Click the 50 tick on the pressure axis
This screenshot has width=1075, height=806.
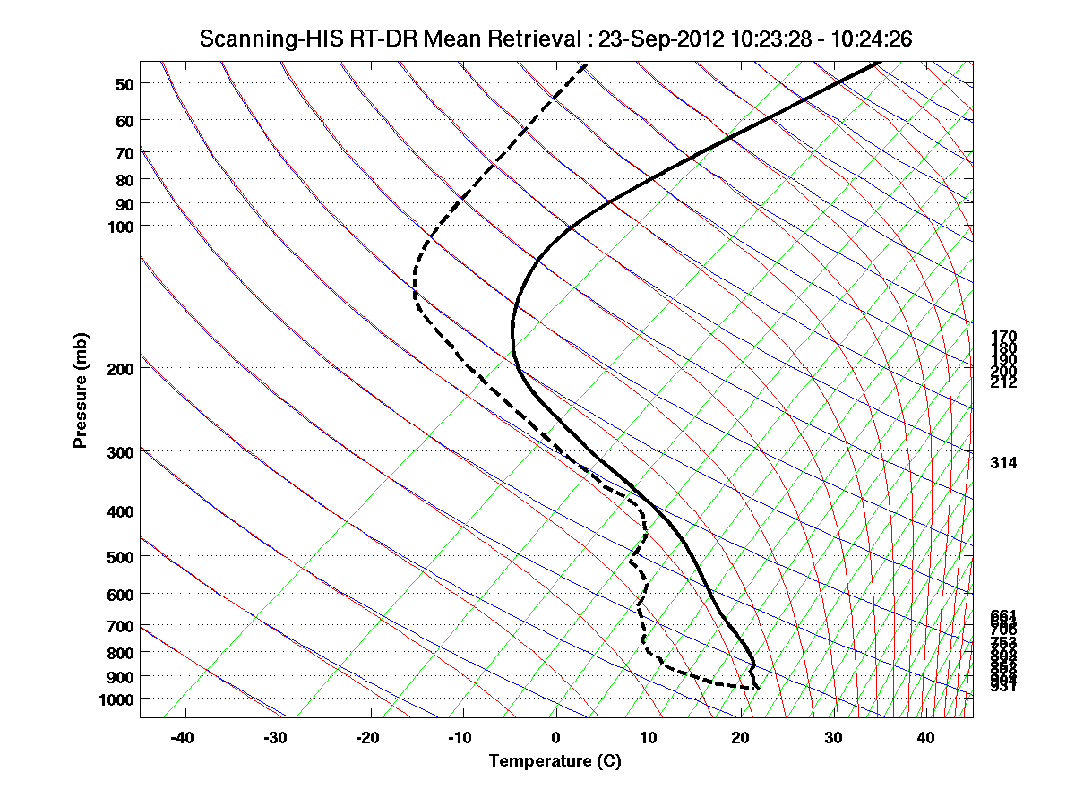125,84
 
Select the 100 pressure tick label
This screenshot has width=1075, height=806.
121,226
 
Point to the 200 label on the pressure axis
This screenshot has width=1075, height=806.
121,368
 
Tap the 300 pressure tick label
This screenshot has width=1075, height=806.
121,452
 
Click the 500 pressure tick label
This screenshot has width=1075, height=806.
121,557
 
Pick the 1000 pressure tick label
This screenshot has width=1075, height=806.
117,699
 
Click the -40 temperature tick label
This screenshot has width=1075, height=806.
183,738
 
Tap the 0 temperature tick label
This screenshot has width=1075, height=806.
556,738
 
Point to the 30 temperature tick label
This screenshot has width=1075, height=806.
833,738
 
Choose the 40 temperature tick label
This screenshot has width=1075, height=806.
926,738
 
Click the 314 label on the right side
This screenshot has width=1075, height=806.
1003,463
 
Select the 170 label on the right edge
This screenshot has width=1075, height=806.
1003,337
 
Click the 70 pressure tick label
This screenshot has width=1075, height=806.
125,153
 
